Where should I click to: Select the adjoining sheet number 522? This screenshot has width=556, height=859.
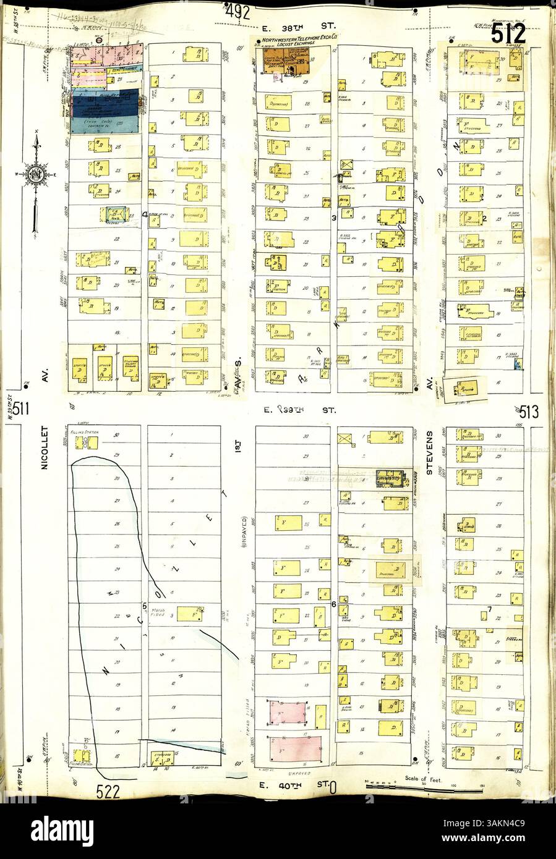click(109, 790)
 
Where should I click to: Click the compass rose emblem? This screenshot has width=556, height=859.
click(35, 174)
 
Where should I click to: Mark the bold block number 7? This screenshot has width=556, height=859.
click(489, 610)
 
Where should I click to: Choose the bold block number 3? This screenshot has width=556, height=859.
click(333, 218)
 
